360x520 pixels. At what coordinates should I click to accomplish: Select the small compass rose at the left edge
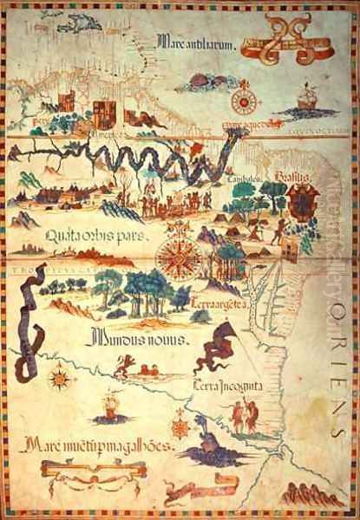[60, 378]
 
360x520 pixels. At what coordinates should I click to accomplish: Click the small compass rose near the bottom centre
[180, 426]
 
